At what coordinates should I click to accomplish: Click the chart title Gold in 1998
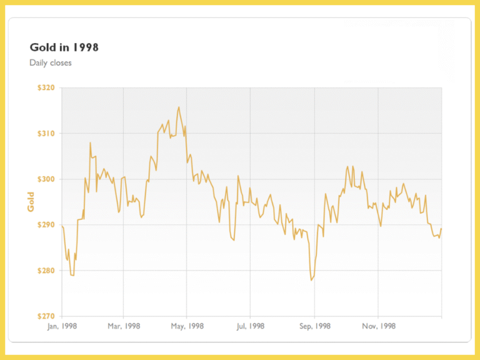[64, 47]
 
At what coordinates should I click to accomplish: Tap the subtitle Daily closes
[51, 62]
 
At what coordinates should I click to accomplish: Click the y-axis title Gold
[31, 202]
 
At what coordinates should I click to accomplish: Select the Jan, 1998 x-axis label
[61, 326]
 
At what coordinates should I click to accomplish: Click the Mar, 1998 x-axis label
[123, 326]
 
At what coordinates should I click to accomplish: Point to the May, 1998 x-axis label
[187, 326]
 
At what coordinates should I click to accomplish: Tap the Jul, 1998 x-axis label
[250, 326]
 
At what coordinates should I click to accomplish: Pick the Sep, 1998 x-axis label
[314, 326]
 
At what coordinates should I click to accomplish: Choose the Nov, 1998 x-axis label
[378, 326]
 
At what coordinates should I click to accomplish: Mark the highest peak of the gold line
[179, 107]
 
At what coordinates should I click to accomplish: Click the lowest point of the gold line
[311, 280]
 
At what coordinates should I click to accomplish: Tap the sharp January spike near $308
[90, 142]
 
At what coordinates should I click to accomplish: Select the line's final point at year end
[441, 229]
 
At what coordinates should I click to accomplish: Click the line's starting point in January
[62, 226]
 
